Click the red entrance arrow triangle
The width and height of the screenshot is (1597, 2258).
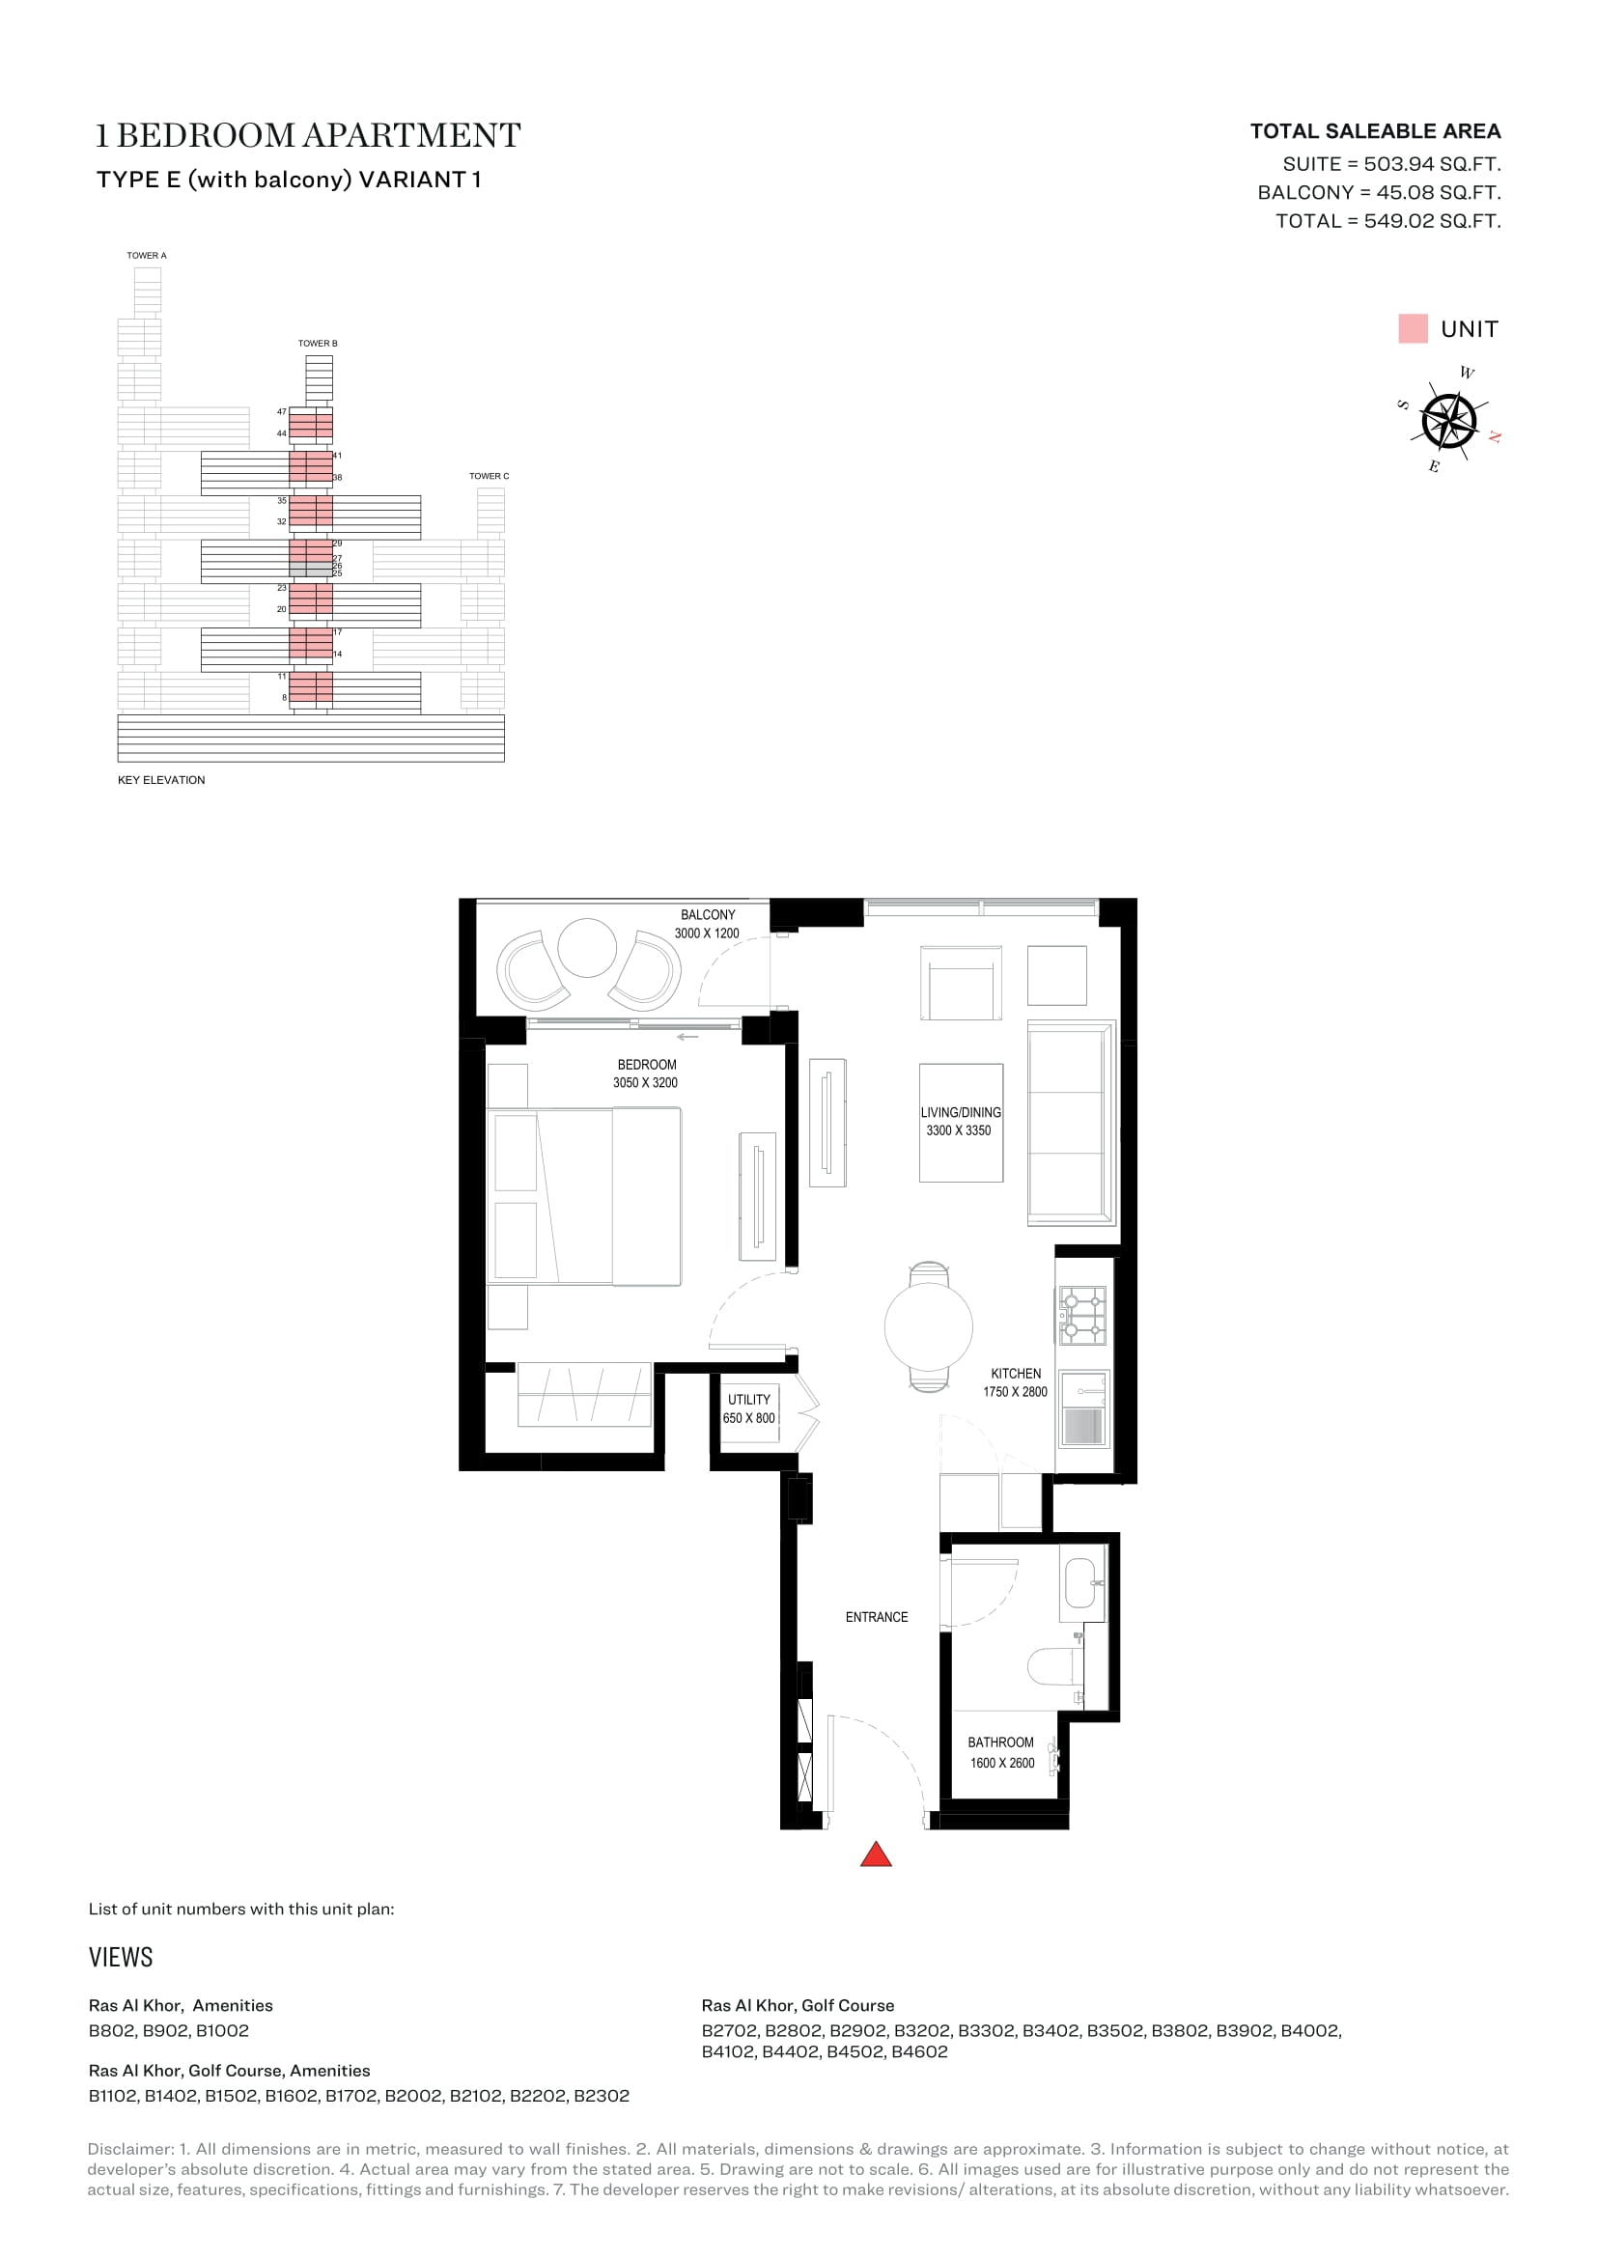click(875, 1854)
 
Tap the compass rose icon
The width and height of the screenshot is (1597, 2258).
click(1448, 421)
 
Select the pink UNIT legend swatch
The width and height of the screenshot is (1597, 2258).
click(1413, 328)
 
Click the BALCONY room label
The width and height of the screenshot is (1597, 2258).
click(708, 914)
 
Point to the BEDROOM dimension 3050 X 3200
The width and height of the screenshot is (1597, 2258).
click(645, 1083)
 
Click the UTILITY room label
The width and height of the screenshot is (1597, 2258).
click(749, 1400)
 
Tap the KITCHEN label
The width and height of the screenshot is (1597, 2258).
click(1016, 1374)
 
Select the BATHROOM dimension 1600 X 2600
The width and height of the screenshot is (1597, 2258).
click(1002, 1764)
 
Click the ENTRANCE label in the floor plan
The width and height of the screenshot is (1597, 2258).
click(876, 1617)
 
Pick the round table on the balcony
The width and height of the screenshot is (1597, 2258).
click(587, 947)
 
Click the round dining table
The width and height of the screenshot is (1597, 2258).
click(928, 1326)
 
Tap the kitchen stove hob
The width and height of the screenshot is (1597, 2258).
click(1082, 1315)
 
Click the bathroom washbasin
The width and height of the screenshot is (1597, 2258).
click(1080, 1583)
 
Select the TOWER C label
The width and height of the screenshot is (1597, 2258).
click(489, 476)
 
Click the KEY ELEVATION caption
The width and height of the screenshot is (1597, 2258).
click(161, 780)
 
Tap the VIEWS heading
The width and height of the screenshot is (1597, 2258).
click(121, 1957)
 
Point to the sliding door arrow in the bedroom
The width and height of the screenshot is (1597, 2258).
click(687, 1037)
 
